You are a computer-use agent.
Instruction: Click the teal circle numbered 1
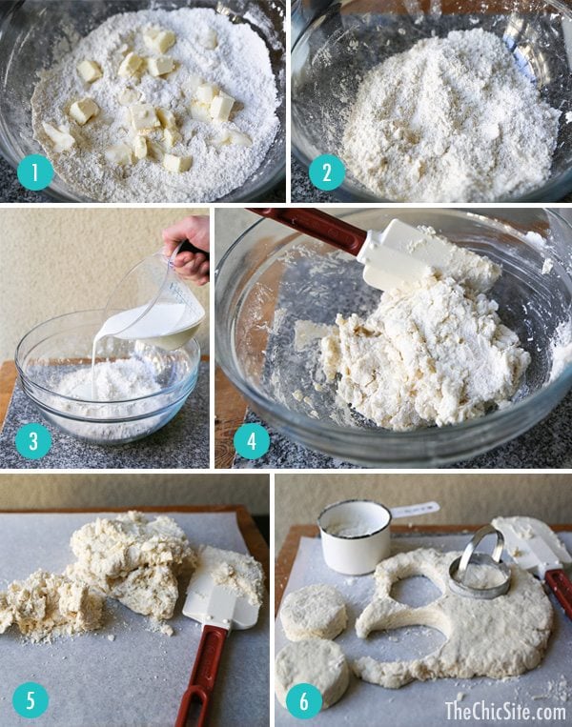tap(35, 172)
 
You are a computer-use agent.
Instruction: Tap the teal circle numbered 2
tap(327, 172)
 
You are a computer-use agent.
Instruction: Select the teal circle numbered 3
tap(33, 441)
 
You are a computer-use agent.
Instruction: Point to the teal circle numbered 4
tap(252, 441)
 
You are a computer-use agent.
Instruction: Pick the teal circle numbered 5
tap(31, 699)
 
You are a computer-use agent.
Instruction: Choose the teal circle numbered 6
tap(304, 700)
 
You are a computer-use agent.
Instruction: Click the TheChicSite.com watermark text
tap(505, 710)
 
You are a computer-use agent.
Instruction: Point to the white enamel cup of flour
tap(355, 535)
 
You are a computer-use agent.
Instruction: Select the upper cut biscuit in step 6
tap(313, 612)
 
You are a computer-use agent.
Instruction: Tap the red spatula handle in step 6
tap(560, 593)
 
